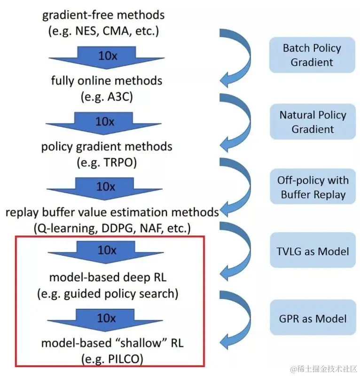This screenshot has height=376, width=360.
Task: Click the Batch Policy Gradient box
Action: coord(312,55)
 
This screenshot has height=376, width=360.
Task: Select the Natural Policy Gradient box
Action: coord(312,122)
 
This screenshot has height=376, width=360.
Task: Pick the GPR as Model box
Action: coord(312,318)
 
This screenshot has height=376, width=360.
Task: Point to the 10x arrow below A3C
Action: coord(105,123)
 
